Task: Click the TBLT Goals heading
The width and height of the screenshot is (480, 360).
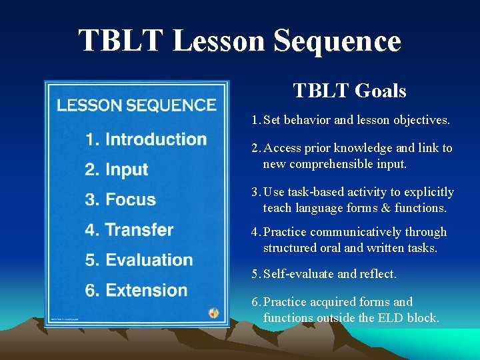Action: (x=349, y=91)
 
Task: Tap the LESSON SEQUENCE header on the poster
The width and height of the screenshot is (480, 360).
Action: (x=136, y=105)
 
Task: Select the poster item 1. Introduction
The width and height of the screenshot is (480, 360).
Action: (x=146, y=139)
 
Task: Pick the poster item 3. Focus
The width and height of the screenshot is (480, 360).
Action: (x=121, y=199)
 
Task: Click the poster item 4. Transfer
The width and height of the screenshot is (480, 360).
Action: (x=129, y=230)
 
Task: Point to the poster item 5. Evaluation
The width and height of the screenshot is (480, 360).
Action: (x=139, y=260)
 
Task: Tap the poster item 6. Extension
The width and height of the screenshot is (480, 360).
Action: (x=137, y=290)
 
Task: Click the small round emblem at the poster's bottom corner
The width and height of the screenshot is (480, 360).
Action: (x=213, y=312)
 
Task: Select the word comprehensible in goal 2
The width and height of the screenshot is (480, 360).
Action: (x=324, y=164)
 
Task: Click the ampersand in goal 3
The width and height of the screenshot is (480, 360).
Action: (x=387, y=208)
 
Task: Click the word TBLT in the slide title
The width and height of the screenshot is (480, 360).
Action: (x=121, y=41)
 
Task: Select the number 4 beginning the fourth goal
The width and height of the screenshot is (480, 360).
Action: (x=255, y=232)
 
